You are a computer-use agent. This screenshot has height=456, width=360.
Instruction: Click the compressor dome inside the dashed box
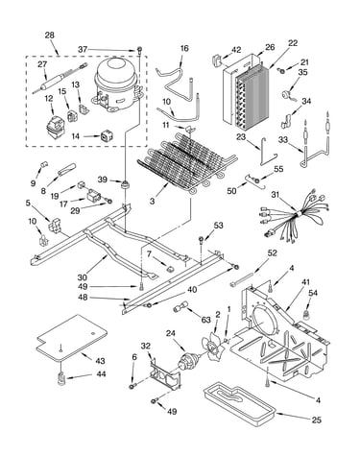pyautogui.click(x=117, y=84)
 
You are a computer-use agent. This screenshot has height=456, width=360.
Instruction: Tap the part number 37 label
pyautogui.click(x=83, y=50)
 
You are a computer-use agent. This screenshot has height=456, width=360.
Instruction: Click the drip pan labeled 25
pyautogui.click(x=239, y=403)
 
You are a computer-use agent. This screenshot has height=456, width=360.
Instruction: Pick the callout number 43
pyautogui.click(x=100, y=361)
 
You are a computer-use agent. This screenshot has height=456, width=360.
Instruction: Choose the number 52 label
pyautogui.click(x=272, y=253)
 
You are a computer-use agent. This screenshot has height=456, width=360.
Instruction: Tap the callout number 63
pyautogui.click(x=205, y=320)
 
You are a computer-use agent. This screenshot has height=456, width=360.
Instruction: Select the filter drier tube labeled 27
pyautogui.click(x=60, y=79)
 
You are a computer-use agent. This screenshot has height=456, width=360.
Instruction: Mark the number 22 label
pyautogui.click(x=293, y=43)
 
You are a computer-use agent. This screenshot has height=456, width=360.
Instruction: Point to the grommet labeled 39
pyautogui.click(x=124, y=184)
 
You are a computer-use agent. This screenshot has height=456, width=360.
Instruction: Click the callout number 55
pyautogui.click(x=278, y=169)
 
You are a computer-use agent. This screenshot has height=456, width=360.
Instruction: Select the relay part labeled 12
pyautogui.click(x=55, y=127)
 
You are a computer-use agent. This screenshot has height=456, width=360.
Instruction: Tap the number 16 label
pyautogui.click(x=184, y=48)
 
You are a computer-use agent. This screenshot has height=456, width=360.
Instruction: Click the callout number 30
pyautogui.click(x=83, y=277)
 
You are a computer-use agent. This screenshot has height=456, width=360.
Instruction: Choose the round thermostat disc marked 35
pyautogui.click(x=285, y=95)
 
